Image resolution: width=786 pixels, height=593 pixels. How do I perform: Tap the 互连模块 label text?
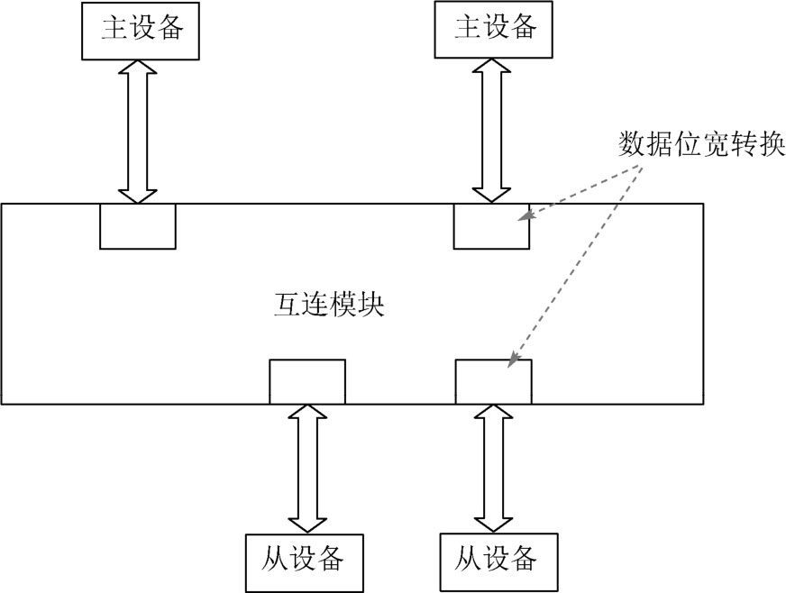(x=329, y=304)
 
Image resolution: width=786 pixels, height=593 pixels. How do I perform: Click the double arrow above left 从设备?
(x=307, y=468)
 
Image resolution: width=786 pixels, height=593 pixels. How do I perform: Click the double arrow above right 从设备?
(x=493, y=468)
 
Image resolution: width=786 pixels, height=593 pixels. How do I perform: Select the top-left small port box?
(x=137, y=226)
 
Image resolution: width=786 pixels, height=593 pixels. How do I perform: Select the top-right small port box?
(x=491, y=226)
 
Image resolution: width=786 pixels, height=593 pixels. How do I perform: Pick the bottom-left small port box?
(x=307, y=381)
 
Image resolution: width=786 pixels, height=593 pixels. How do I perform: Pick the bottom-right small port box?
(x=493, y=381)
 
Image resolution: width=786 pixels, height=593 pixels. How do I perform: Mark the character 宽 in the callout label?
(x=718, y=144)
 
